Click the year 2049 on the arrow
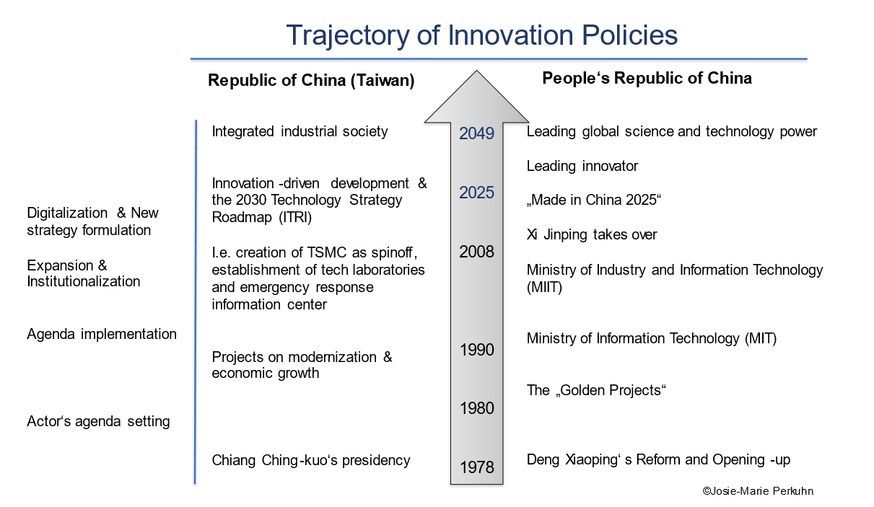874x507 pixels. coord(476,133)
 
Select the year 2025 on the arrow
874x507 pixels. coord(476,193)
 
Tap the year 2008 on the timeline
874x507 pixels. coord(476,252)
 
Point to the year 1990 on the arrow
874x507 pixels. coord(476,350)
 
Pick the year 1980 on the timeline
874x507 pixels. coord(476,408)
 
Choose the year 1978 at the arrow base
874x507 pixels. coord(476,467)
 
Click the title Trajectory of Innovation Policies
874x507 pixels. coord(482,35)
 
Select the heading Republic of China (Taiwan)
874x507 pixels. coord(311,80)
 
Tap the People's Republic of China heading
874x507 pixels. coord(647,78)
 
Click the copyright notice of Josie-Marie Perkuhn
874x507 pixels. coord(758,491)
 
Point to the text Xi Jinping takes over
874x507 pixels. coord(592,234)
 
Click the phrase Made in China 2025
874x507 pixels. coord(594,200)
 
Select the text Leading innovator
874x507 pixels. coord(582,166)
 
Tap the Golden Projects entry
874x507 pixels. coord(596,390)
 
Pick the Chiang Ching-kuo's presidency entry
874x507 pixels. coord(311,460)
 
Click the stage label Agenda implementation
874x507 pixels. coord(102,334)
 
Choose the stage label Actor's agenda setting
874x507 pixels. coord(98,421)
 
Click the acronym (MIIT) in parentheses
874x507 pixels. coord(544,288)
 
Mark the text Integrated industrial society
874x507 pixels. coord(300,131)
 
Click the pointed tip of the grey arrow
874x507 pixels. coord(476,71)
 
